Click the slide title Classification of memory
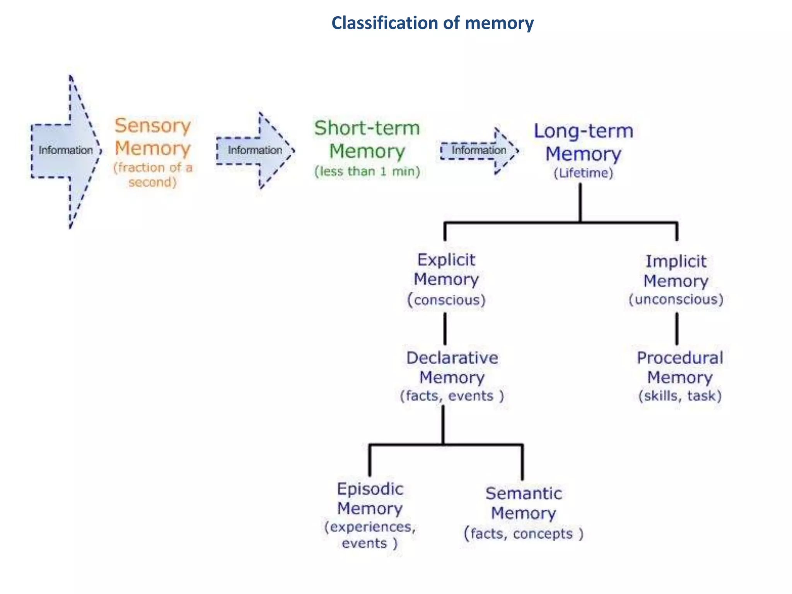coord(432,23)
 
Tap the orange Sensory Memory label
coord(153,137)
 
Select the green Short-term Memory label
coord(367,140)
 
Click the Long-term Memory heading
coord(583,142)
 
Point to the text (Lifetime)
coord(583,173)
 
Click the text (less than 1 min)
coord(367,171)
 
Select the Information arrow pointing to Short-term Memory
coord(254,150)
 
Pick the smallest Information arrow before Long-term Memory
coord(479,150)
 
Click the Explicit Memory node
coord(446,270)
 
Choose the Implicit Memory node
coord(676,271)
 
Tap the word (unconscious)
coord(676,299)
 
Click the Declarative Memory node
coord(452,367)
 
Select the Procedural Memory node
coord(679,367)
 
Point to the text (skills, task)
coord(679,396)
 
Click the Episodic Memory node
coord(370,499)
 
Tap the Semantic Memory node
coord(524,503)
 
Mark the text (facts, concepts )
coord(524,534)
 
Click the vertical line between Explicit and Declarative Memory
coord(445,329)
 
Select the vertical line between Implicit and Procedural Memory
coord(677,329)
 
